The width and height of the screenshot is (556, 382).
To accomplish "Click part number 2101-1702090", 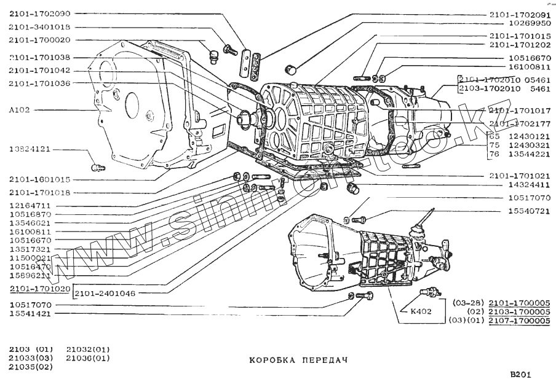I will point(39,14).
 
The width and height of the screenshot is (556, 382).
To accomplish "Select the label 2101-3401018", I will point(39,27).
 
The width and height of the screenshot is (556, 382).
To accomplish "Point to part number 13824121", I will point(30,150).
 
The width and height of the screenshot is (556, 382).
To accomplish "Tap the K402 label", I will point(421,311).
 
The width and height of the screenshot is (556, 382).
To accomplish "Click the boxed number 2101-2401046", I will point(105,294).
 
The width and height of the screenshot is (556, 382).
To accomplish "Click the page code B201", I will point(520,375).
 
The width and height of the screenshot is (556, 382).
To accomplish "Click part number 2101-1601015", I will point(39,180).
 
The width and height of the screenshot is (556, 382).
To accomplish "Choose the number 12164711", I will point(30,206).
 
